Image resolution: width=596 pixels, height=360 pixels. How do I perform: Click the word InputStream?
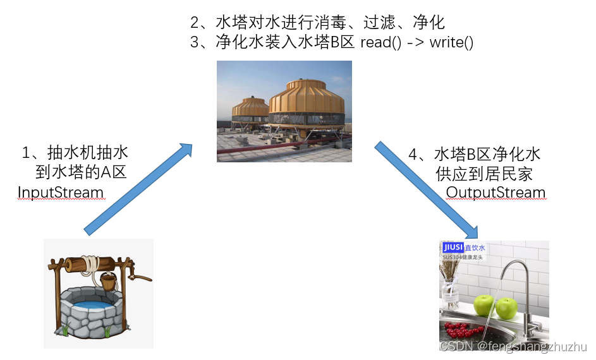click(x=61, y=192)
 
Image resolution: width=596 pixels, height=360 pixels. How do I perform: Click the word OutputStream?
click(x=496, y=192)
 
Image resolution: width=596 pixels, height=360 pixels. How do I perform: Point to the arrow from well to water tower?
click(x=138, y=189)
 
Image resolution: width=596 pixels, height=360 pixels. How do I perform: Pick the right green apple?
click(x=506, y=308)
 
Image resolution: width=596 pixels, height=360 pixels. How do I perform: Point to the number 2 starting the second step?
click(x=195, y=23)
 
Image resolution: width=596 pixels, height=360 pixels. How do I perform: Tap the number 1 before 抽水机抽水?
click(x=27, y=153)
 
